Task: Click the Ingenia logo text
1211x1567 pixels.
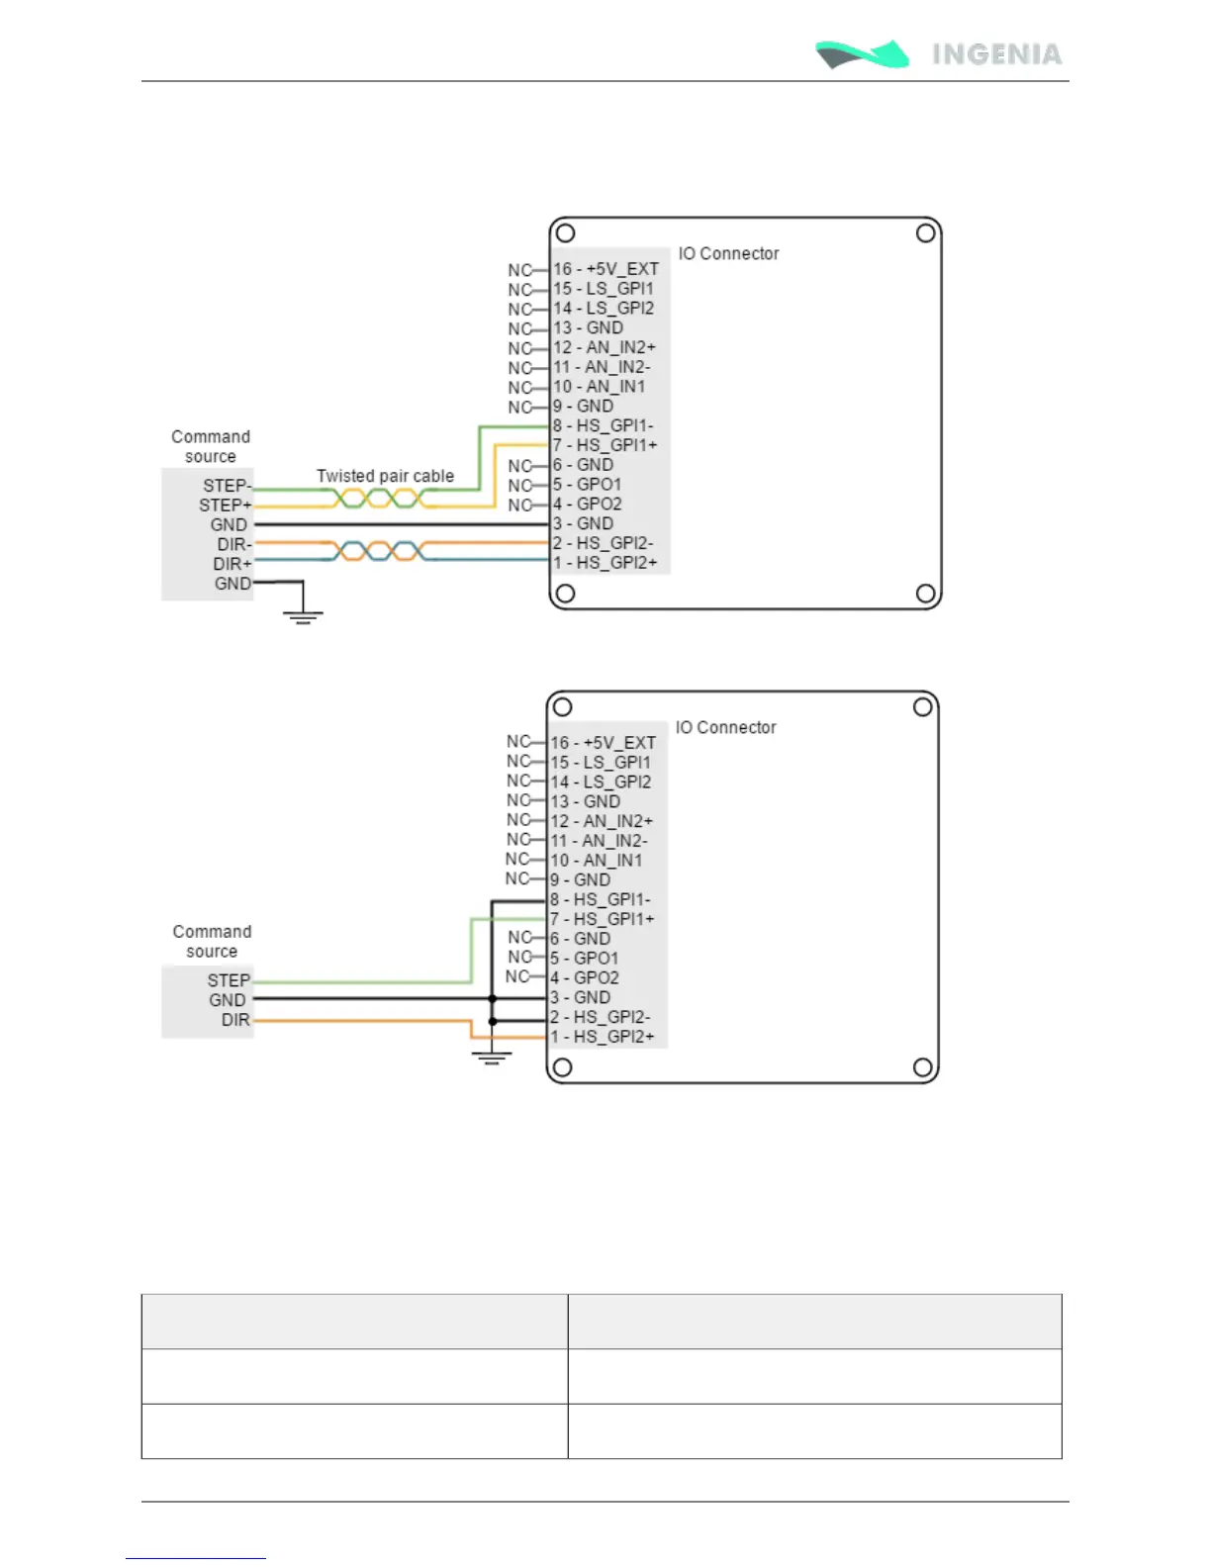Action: tap(996, 54)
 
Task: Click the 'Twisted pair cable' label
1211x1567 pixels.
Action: tap(385, 476)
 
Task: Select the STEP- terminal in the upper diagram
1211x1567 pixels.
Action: tap(227, 486)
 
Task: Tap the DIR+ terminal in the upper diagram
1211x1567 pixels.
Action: tap(233, 564)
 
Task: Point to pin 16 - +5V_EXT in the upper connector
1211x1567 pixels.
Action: tap(605, 269)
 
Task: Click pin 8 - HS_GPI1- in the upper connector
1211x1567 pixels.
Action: tap(603, 425)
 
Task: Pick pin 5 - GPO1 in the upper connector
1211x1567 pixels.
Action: tap(588, 485)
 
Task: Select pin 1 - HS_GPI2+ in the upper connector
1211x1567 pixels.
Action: tap(605, 563)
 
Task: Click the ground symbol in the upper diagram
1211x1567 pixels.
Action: tap(303, 615)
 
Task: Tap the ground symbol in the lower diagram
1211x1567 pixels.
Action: tap(492, 1056)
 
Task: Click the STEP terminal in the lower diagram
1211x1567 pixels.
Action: tap(229, 980)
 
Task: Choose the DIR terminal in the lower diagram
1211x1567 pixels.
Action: tap(235, 1020)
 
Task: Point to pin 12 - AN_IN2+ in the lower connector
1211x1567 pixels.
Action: tap(603, 821)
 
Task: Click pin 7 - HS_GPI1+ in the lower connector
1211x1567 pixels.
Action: tap(602, 919)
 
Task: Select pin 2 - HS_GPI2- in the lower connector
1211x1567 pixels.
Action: tap(600, 1017)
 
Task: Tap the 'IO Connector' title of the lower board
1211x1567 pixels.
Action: tap(725, 728)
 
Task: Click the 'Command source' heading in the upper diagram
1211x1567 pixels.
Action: tap(211, 446)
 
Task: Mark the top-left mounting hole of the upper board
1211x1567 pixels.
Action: tap(565, 233)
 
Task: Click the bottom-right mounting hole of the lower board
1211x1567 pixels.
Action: tap(922, 1067)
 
